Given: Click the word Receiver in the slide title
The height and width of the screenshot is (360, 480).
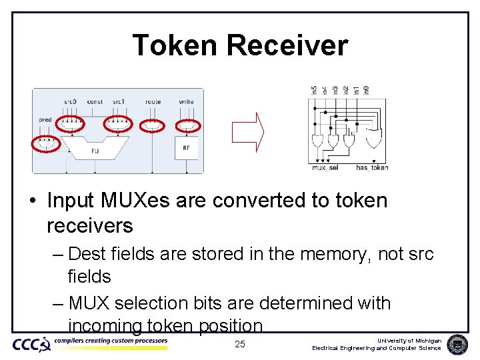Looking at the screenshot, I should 287,45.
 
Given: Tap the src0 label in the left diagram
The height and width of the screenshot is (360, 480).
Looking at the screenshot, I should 70,102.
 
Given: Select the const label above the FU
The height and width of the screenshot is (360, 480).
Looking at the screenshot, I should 95,102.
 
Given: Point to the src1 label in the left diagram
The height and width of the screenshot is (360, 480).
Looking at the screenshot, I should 119,102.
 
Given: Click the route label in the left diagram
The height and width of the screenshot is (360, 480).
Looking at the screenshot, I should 153,102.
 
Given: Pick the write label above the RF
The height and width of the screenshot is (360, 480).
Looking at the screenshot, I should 187,102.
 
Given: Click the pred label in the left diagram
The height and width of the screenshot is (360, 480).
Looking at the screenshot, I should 45,120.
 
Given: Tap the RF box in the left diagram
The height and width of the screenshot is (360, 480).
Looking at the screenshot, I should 186,148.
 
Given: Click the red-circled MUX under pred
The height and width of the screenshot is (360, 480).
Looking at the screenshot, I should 46,143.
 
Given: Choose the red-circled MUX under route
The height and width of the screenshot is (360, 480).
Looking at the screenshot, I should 153,124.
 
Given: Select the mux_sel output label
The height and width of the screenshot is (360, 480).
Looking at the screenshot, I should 325,168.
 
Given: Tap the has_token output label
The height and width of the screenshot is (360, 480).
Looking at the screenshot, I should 372,168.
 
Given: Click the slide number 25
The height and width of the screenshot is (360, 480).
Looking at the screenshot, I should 240,344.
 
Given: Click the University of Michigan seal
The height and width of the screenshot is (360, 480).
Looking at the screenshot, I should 457,344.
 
